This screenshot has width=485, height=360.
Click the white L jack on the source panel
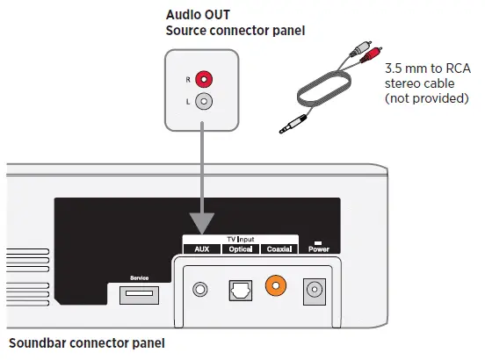coord(204,102)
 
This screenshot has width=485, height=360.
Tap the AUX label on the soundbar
coord(201,249)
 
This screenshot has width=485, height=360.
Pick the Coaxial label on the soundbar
coord(279,249)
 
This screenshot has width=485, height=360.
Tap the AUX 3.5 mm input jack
coord(203,288)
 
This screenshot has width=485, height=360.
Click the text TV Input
coord(240,239)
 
